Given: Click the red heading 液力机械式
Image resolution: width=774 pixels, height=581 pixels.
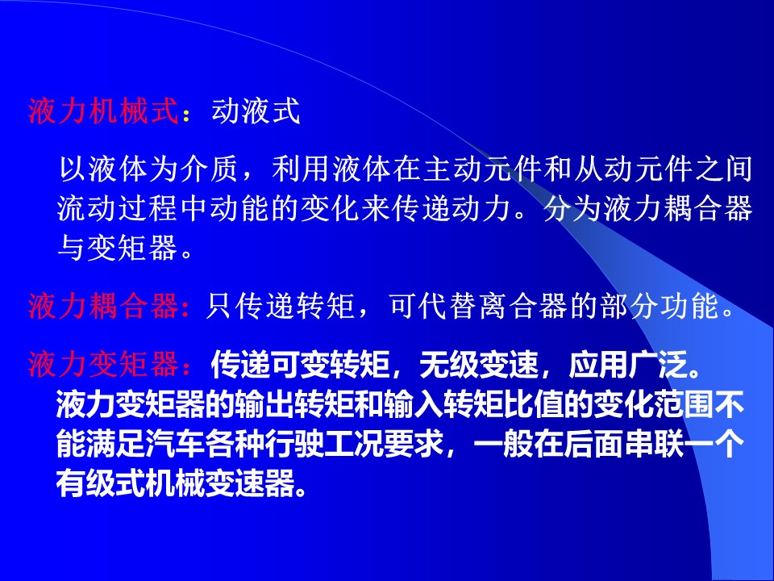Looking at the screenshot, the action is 102,111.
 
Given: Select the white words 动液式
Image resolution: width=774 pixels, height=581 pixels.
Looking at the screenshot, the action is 256,111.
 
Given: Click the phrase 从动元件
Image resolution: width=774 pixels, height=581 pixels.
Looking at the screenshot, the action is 633,169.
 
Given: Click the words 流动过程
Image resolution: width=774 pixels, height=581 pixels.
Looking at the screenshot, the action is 117,208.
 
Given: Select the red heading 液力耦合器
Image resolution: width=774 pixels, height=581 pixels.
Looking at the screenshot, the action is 102,306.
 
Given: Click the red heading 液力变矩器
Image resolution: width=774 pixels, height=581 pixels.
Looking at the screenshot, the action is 102,365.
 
